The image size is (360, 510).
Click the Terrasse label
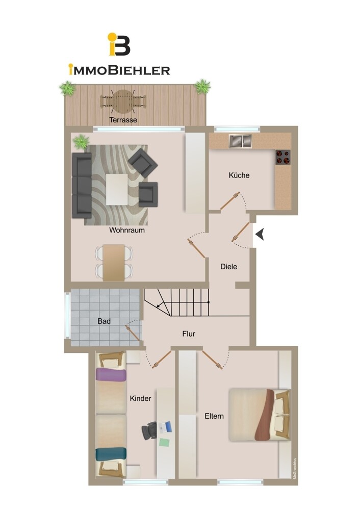coord(123,120)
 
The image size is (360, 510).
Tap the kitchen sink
coord(240,141)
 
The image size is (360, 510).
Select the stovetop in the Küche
coord(283,157)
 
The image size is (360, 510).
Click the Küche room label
coord(239,175)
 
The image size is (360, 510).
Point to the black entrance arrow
coord(260,235)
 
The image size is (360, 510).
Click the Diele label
coord(228,267)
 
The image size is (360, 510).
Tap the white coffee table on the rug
coord(117,189)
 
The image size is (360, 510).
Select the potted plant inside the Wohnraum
coord(81,142)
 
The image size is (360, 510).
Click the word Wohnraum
coord(127,231)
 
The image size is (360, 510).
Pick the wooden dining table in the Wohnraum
coord(114,263)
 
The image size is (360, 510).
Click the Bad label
coord(104,321)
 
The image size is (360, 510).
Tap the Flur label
coord(189,334)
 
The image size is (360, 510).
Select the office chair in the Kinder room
coord(149,430)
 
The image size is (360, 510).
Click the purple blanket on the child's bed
coord(111,374)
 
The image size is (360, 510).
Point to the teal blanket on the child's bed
coord(111,454)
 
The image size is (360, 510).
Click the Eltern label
coord(214,416)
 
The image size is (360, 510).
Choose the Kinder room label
coord(141,398)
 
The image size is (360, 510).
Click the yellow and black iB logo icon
coord(119,44)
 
